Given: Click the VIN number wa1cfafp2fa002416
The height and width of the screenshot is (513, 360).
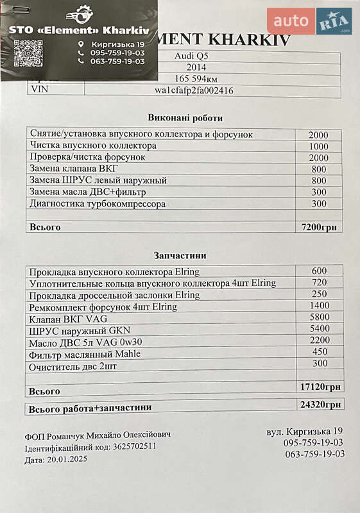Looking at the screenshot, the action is point(194,90).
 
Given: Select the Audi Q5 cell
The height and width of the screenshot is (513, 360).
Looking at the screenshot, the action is point(191,56).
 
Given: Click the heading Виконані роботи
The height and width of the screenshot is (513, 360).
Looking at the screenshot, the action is point(185,118).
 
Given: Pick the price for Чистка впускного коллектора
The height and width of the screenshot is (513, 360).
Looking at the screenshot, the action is point(318,146).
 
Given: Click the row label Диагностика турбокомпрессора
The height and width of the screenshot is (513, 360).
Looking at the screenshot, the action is point(98,204).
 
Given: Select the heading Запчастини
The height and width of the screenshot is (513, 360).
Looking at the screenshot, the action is point(185,255).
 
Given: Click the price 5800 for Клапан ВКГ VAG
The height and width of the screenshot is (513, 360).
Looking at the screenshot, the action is point(319,317).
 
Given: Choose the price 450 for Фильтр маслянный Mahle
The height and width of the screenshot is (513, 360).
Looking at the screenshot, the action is point(319,352).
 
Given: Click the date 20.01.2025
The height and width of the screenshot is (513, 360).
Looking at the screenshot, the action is point(67,460).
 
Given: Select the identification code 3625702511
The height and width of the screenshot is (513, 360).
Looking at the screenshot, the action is point(134,446).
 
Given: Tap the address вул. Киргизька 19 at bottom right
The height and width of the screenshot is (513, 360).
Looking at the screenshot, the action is point(305,432).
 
